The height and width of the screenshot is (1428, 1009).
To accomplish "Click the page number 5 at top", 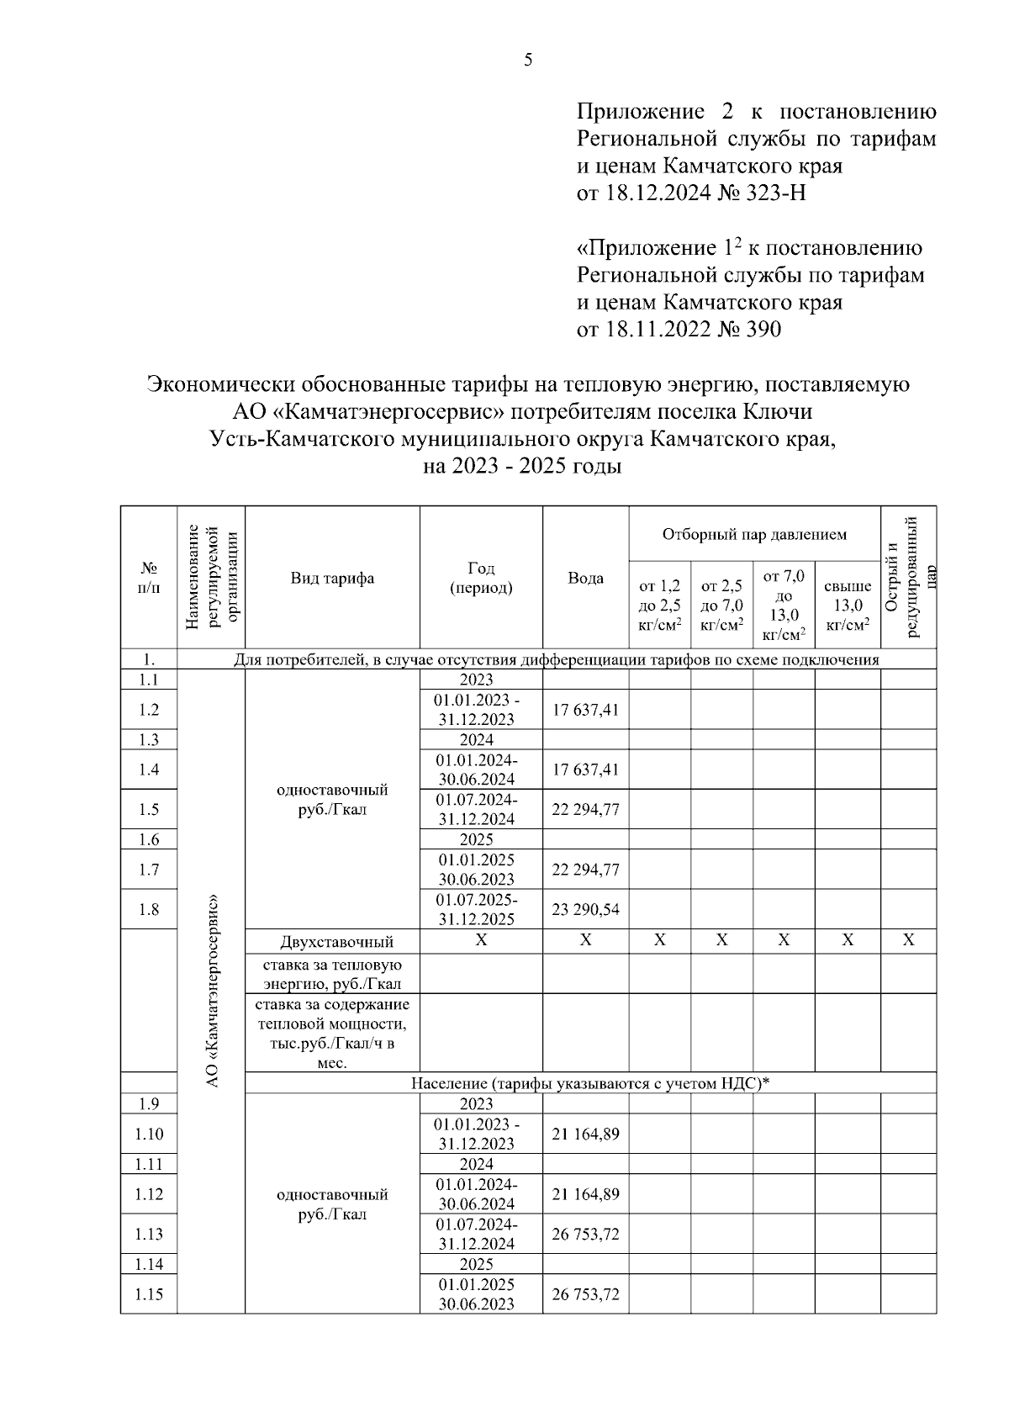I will pyautogui.click(x=527, y=60).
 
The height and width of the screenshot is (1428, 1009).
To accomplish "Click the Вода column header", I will pyautogui.click(x=585, y=578).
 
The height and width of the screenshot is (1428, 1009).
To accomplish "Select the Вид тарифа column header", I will pyautogui.click(x=332, y=578).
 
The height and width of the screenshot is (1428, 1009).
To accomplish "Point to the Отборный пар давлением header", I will pyautogui.click(x=753, y=534).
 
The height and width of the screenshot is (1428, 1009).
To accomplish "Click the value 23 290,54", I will pyautogui.click(x=585, y=909).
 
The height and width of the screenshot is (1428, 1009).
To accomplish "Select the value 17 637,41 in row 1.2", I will pyautogui.click(x=585, y=710).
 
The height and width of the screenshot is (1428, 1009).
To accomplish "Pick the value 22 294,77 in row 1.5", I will pyautogui.click(x=585, y=809).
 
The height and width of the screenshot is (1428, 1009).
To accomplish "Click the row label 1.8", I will pyautogui.click(x=149, y=909).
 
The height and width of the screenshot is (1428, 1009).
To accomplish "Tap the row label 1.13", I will pyautogui.click(x=149, y=1234).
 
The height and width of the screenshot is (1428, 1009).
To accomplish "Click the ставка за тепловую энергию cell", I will pyautogui.click(x=332, y=974).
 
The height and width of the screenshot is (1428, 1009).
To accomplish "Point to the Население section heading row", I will pyautogui.click(x=590, y=1082).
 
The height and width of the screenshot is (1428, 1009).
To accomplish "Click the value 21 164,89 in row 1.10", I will pyautogui.click(x=585, y=1134).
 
